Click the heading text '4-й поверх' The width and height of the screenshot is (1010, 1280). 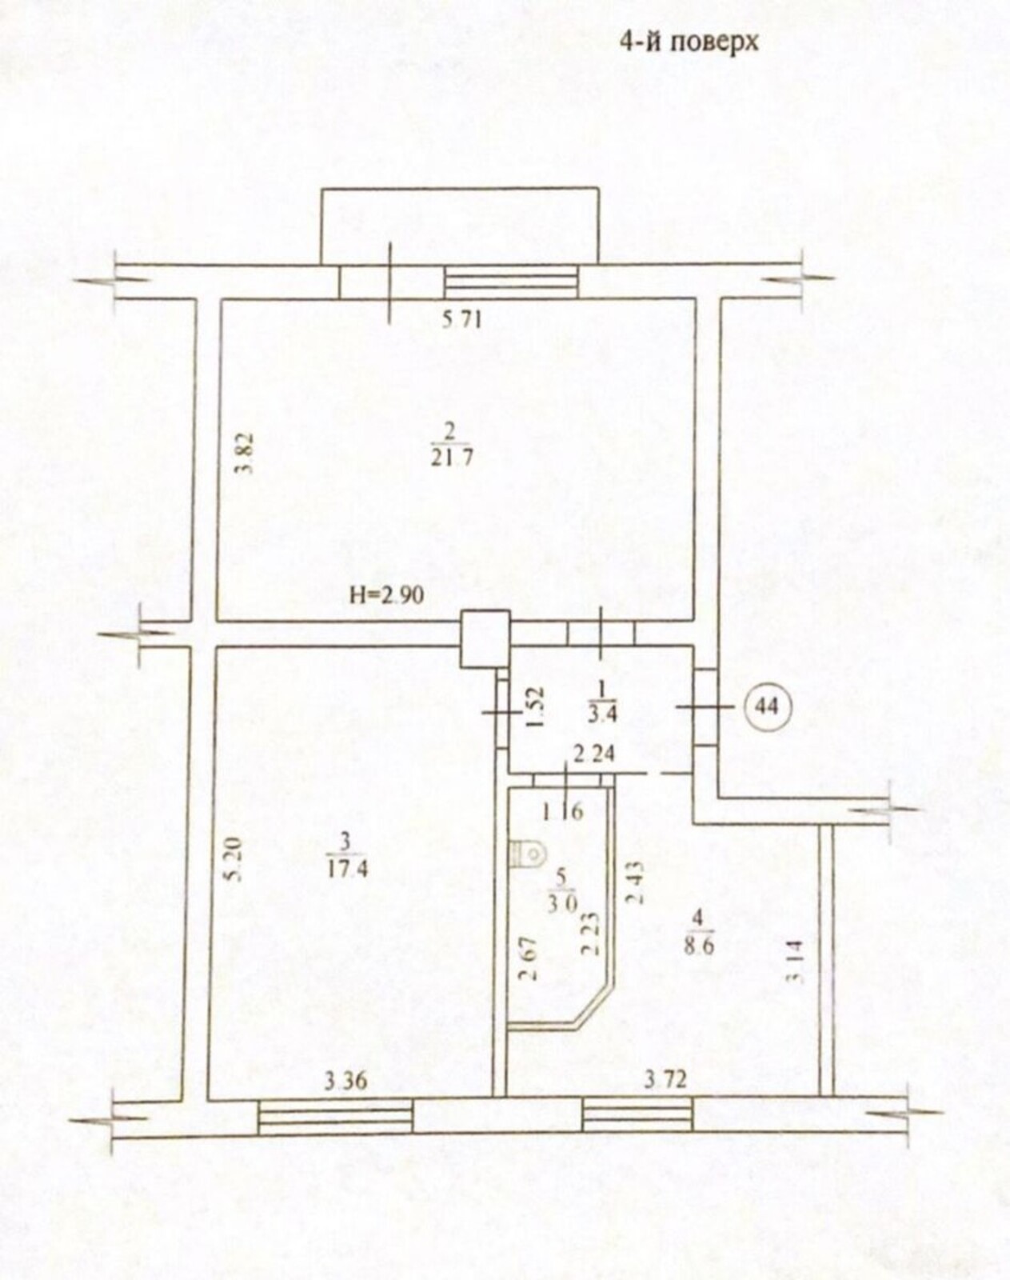(x=689, y=43)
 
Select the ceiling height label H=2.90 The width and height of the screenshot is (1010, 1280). (x=385, y=594)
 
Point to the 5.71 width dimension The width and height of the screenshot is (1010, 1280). (x=462, y=321)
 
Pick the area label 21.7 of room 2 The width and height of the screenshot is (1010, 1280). (x=452, y=458)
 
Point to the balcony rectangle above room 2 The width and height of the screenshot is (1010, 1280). (x=459, y=226)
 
